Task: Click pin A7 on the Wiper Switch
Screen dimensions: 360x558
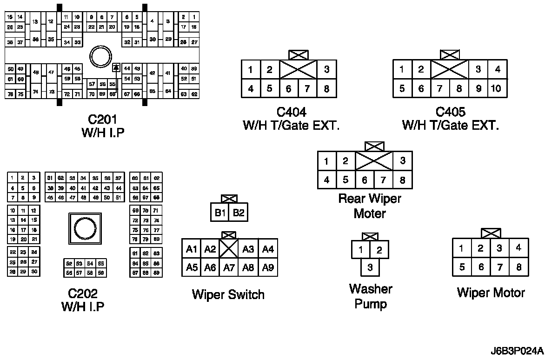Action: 229,267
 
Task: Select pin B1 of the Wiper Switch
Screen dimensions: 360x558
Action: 220,213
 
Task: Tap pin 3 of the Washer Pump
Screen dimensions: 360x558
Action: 370,267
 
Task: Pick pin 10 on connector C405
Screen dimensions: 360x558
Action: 496,88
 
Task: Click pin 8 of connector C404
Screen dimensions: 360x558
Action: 326,88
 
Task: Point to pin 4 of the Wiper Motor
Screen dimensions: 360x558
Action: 518,248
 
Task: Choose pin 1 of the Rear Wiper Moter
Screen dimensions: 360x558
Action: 327,161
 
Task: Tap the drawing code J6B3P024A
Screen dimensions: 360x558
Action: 516,350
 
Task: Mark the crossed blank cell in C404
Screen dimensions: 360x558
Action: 298,70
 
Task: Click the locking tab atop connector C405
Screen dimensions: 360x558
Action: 450,55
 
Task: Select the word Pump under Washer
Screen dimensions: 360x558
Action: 371,304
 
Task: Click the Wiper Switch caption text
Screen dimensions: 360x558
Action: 228,294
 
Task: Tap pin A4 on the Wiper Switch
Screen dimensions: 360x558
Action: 268,249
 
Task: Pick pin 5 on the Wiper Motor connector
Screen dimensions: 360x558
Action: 462,267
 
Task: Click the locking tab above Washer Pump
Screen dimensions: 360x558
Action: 370,236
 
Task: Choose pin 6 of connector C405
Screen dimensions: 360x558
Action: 421,88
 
